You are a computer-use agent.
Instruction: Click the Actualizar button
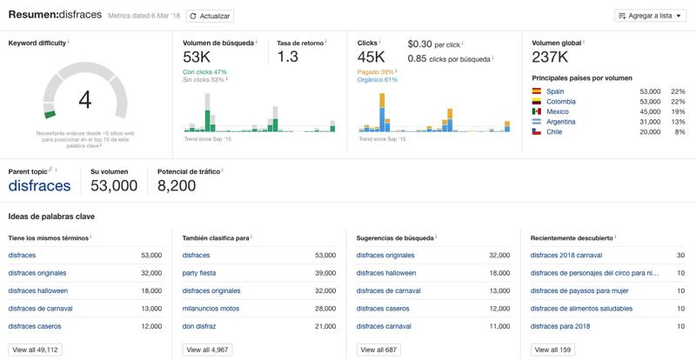click(210, 16)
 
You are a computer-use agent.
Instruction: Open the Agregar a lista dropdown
click(651, 16)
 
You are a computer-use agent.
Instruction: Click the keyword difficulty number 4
click(84, 99)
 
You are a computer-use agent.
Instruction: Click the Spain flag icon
click(537, 90)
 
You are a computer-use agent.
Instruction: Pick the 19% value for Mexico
click(678, 111)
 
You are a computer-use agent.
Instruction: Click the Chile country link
click(555, 132)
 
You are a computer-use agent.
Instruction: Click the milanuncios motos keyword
click(212, 308)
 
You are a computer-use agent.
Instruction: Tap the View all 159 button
click(554, 350)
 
